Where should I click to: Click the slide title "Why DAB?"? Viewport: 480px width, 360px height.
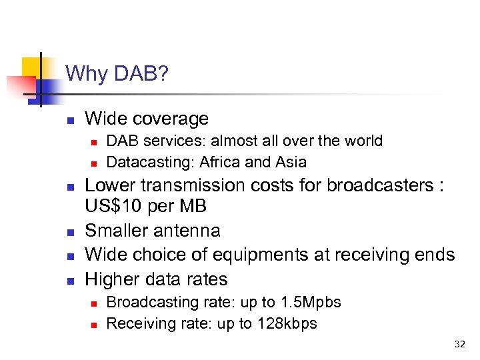click(117, 73)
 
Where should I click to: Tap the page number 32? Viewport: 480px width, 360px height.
click(460, 344)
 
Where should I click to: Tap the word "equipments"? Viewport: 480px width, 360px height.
click(275, 255)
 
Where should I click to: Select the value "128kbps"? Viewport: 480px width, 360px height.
click(287, 323)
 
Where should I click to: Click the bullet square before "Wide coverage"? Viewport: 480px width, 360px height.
click(69, 121)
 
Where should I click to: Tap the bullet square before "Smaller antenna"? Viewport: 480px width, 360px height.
click(69, 232)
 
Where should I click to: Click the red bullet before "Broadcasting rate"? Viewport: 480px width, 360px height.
click(95, 303)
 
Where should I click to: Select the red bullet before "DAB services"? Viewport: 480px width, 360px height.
click(95, 142)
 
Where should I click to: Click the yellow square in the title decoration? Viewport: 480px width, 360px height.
click(31, 67)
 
